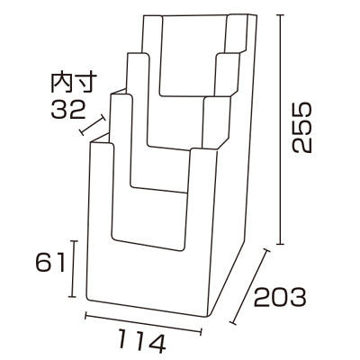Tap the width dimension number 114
141,342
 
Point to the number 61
48,263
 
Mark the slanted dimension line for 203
252,285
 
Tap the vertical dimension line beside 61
74,268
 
